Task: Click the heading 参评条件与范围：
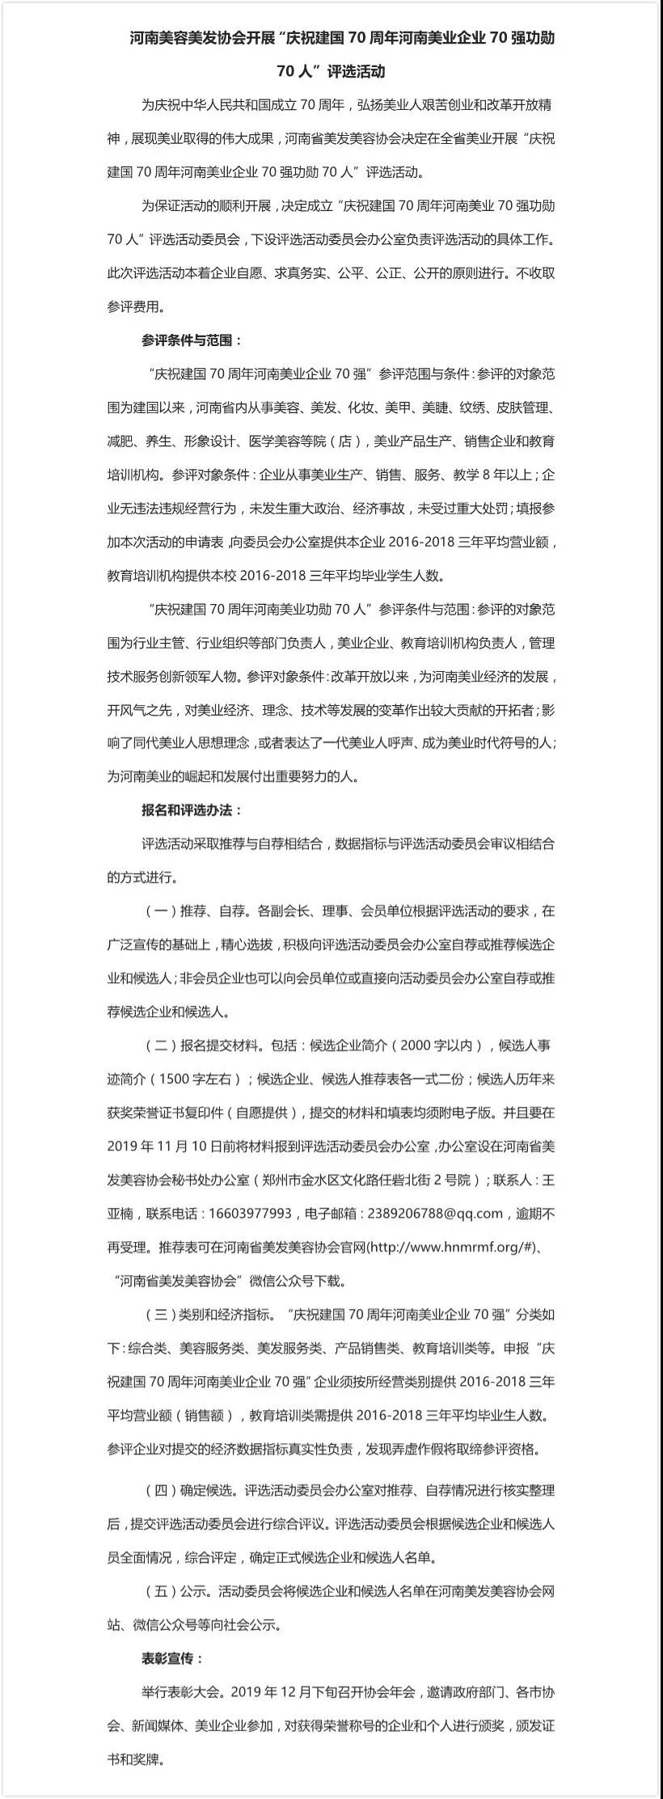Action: click(x=192, y=340)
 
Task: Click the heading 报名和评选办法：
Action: click(x=192, y=810)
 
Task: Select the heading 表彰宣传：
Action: click(x=173, y=1658)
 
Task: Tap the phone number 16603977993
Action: click(x=250, y=1213)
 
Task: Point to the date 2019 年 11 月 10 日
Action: click(x=164, y=1146)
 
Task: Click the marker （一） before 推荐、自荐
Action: click(x=160, y=910)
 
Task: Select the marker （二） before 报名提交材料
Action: click(x=160, y=1045)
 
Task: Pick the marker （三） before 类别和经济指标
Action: click(x=160, y=1314)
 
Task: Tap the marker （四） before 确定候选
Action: click(x=160, y=1489)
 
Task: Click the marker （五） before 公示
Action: click(x=160, y=1590)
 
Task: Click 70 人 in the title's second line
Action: click(x=297, y=71)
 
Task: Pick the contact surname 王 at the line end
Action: click(x=547, y=1180)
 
